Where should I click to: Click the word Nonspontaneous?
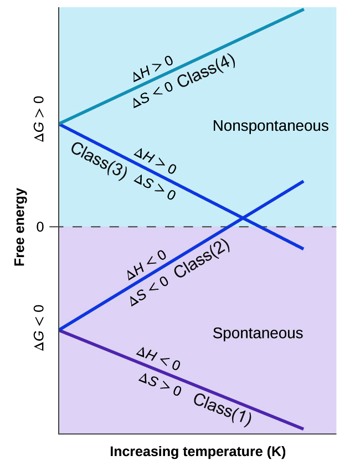[270, 126]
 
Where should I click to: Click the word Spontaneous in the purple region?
[258, 334]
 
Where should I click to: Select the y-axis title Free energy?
[20, 227]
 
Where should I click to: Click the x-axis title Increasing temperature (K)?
[198, 452]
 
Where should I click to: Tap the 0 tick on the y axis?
[39, 227]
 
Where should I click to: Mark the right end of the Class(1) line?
[303, 429]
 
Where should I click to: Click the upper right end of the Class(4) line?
[303, 9]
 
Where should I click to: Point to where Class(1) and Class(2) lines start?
[59, 330]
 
